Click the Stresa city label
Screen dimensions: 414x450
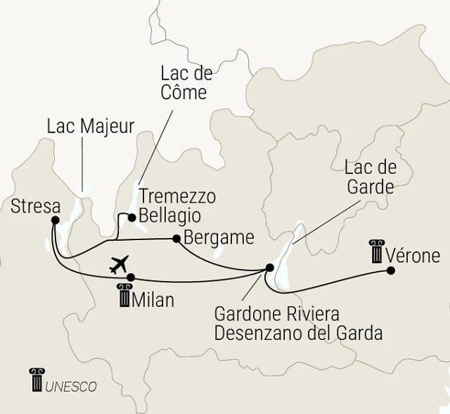(x=35, y=207)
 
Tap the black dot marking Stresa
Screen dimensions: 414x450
(x=54, y=219)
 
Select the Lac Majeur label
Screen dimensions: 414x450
(x=91, y=127)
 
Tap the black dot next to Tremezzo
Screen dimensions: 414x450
(x=131, y=217)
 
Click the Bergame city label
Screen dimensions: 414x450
(x=217, y=237)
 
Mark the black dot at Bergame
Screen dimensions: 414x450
(x=175, y=238)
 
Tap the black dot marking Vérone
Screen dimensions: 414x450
(x=390, y=270)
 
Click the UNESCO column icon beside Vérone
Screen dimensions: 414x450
(x=377, y=251)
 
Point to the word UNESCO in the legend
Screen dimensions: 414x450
(x=71, y=386)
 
